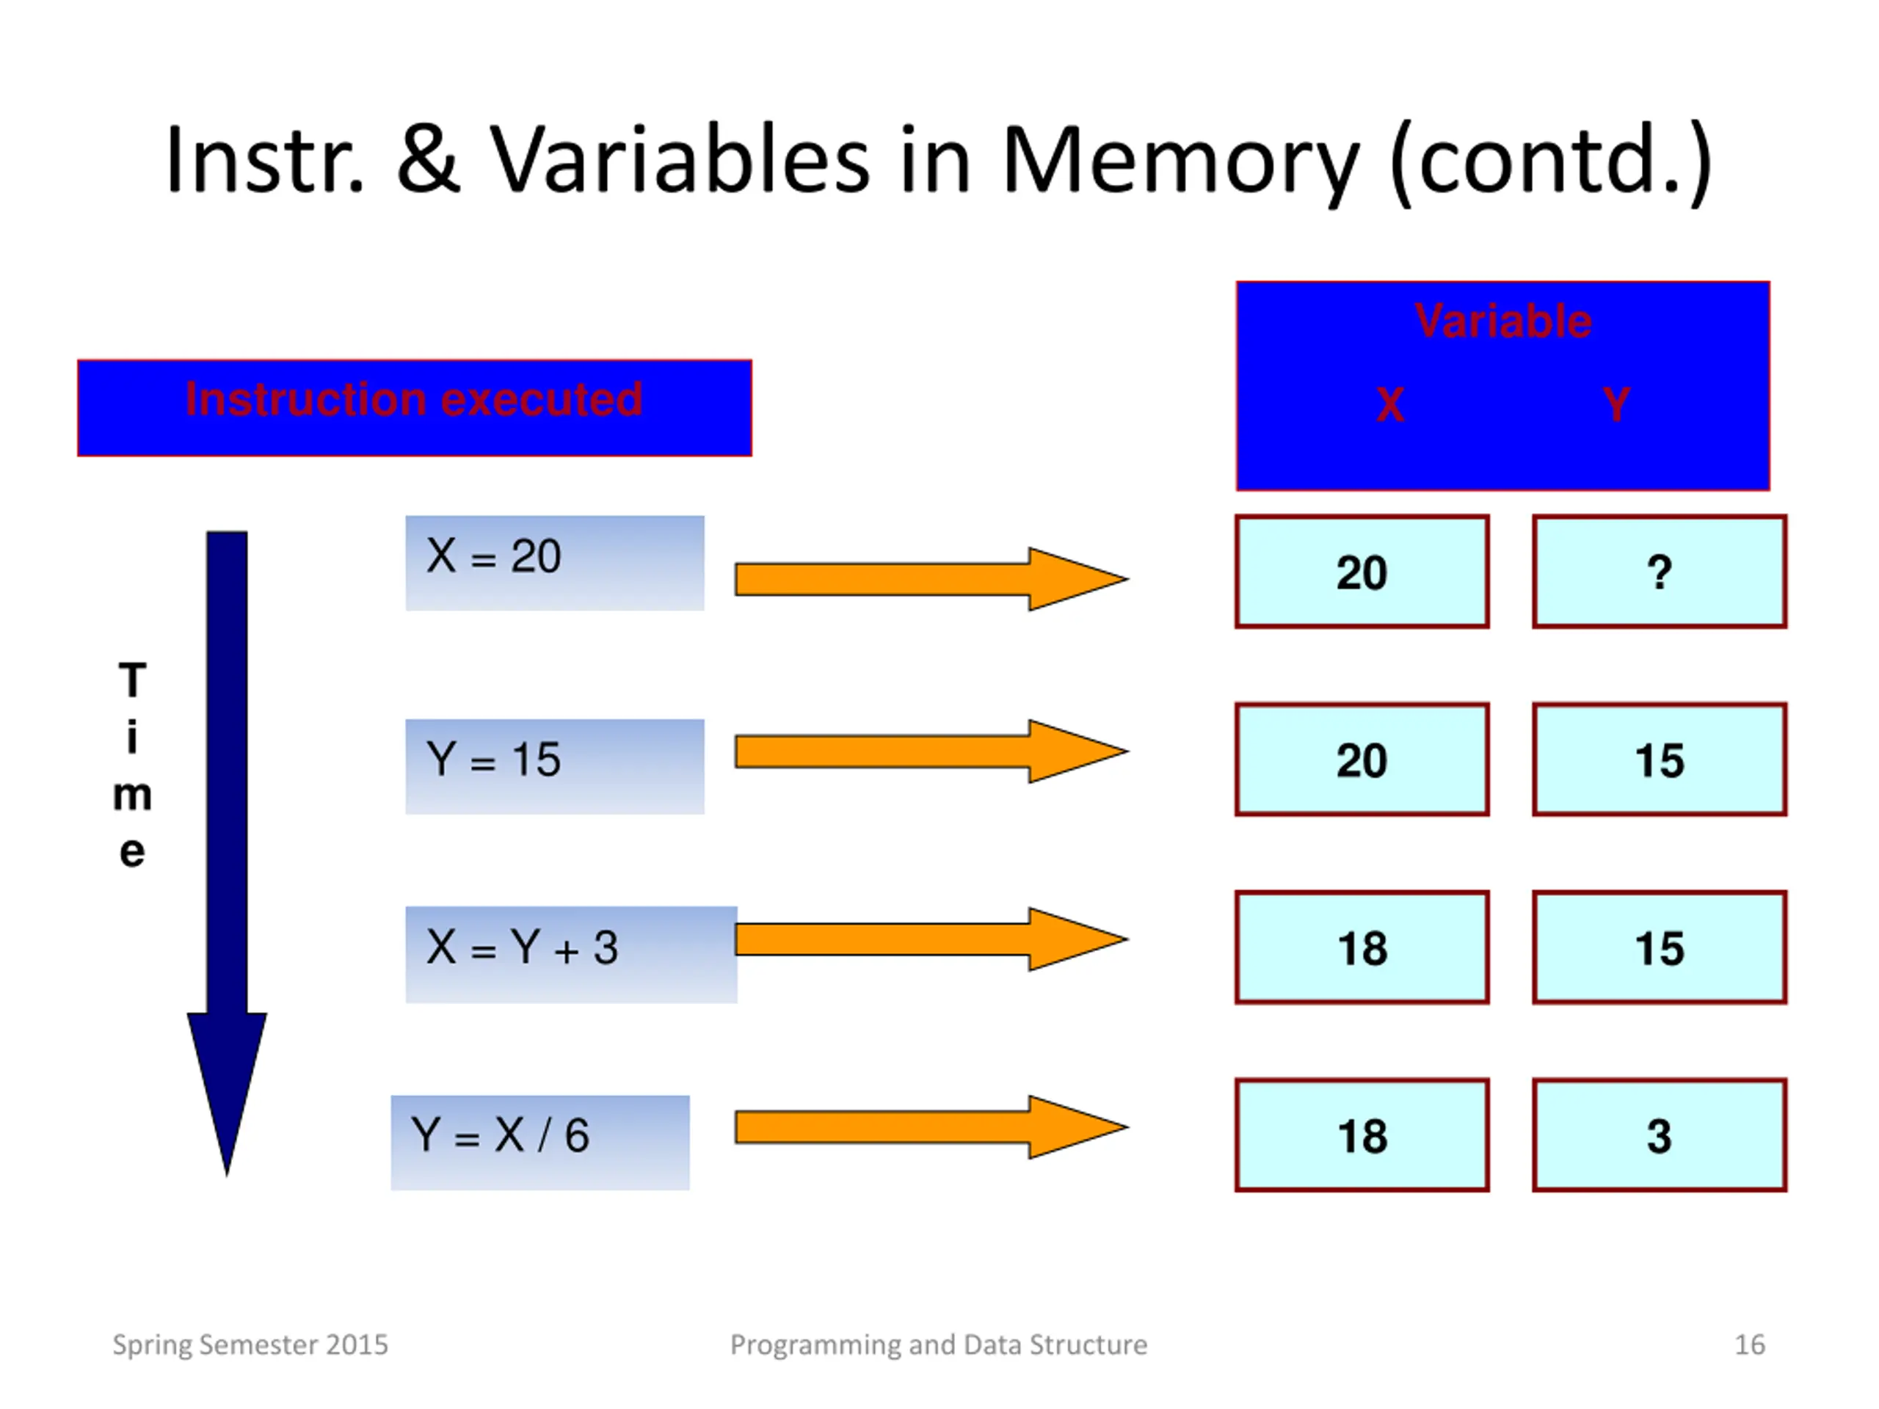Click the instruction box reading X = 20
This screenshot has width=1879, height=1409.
(555, 562)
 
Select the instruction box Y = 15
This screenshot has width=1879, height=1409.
(555, 766)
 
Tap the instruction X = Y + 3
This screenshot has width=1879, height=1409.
(571, 955)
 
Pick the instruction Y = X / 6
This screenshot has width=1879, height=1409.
(540, 1143)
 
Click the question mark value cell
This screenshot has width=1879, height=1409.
(1660, 572)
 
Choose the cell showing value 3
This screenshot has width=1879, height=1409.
(1660, 1135)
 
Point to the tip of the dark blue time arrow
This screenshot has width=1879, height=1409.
(227, 1176)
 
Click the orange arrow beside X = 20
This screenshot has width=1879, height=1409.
(932, 579)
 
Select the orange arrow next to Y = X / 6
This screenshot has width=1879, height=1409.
(932, 1127)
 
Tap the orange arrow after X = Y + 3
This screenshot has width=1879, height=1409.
(932, 939)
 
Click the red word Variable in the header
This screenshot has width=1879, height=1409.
(1502, 321)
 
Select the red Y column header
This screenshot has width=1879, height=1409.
(1616, 404)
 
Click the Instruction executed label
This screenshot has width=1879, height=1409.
(415, 399)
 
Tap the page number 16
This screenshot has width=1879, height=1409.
(1749, 1344)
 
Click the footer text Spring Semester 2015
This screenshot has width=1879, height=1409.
(250, 1345)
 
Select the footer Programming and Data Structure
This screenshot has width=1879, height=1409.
(939, 1345)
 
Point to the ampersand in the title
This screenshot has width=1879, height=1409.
(429, 157)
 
